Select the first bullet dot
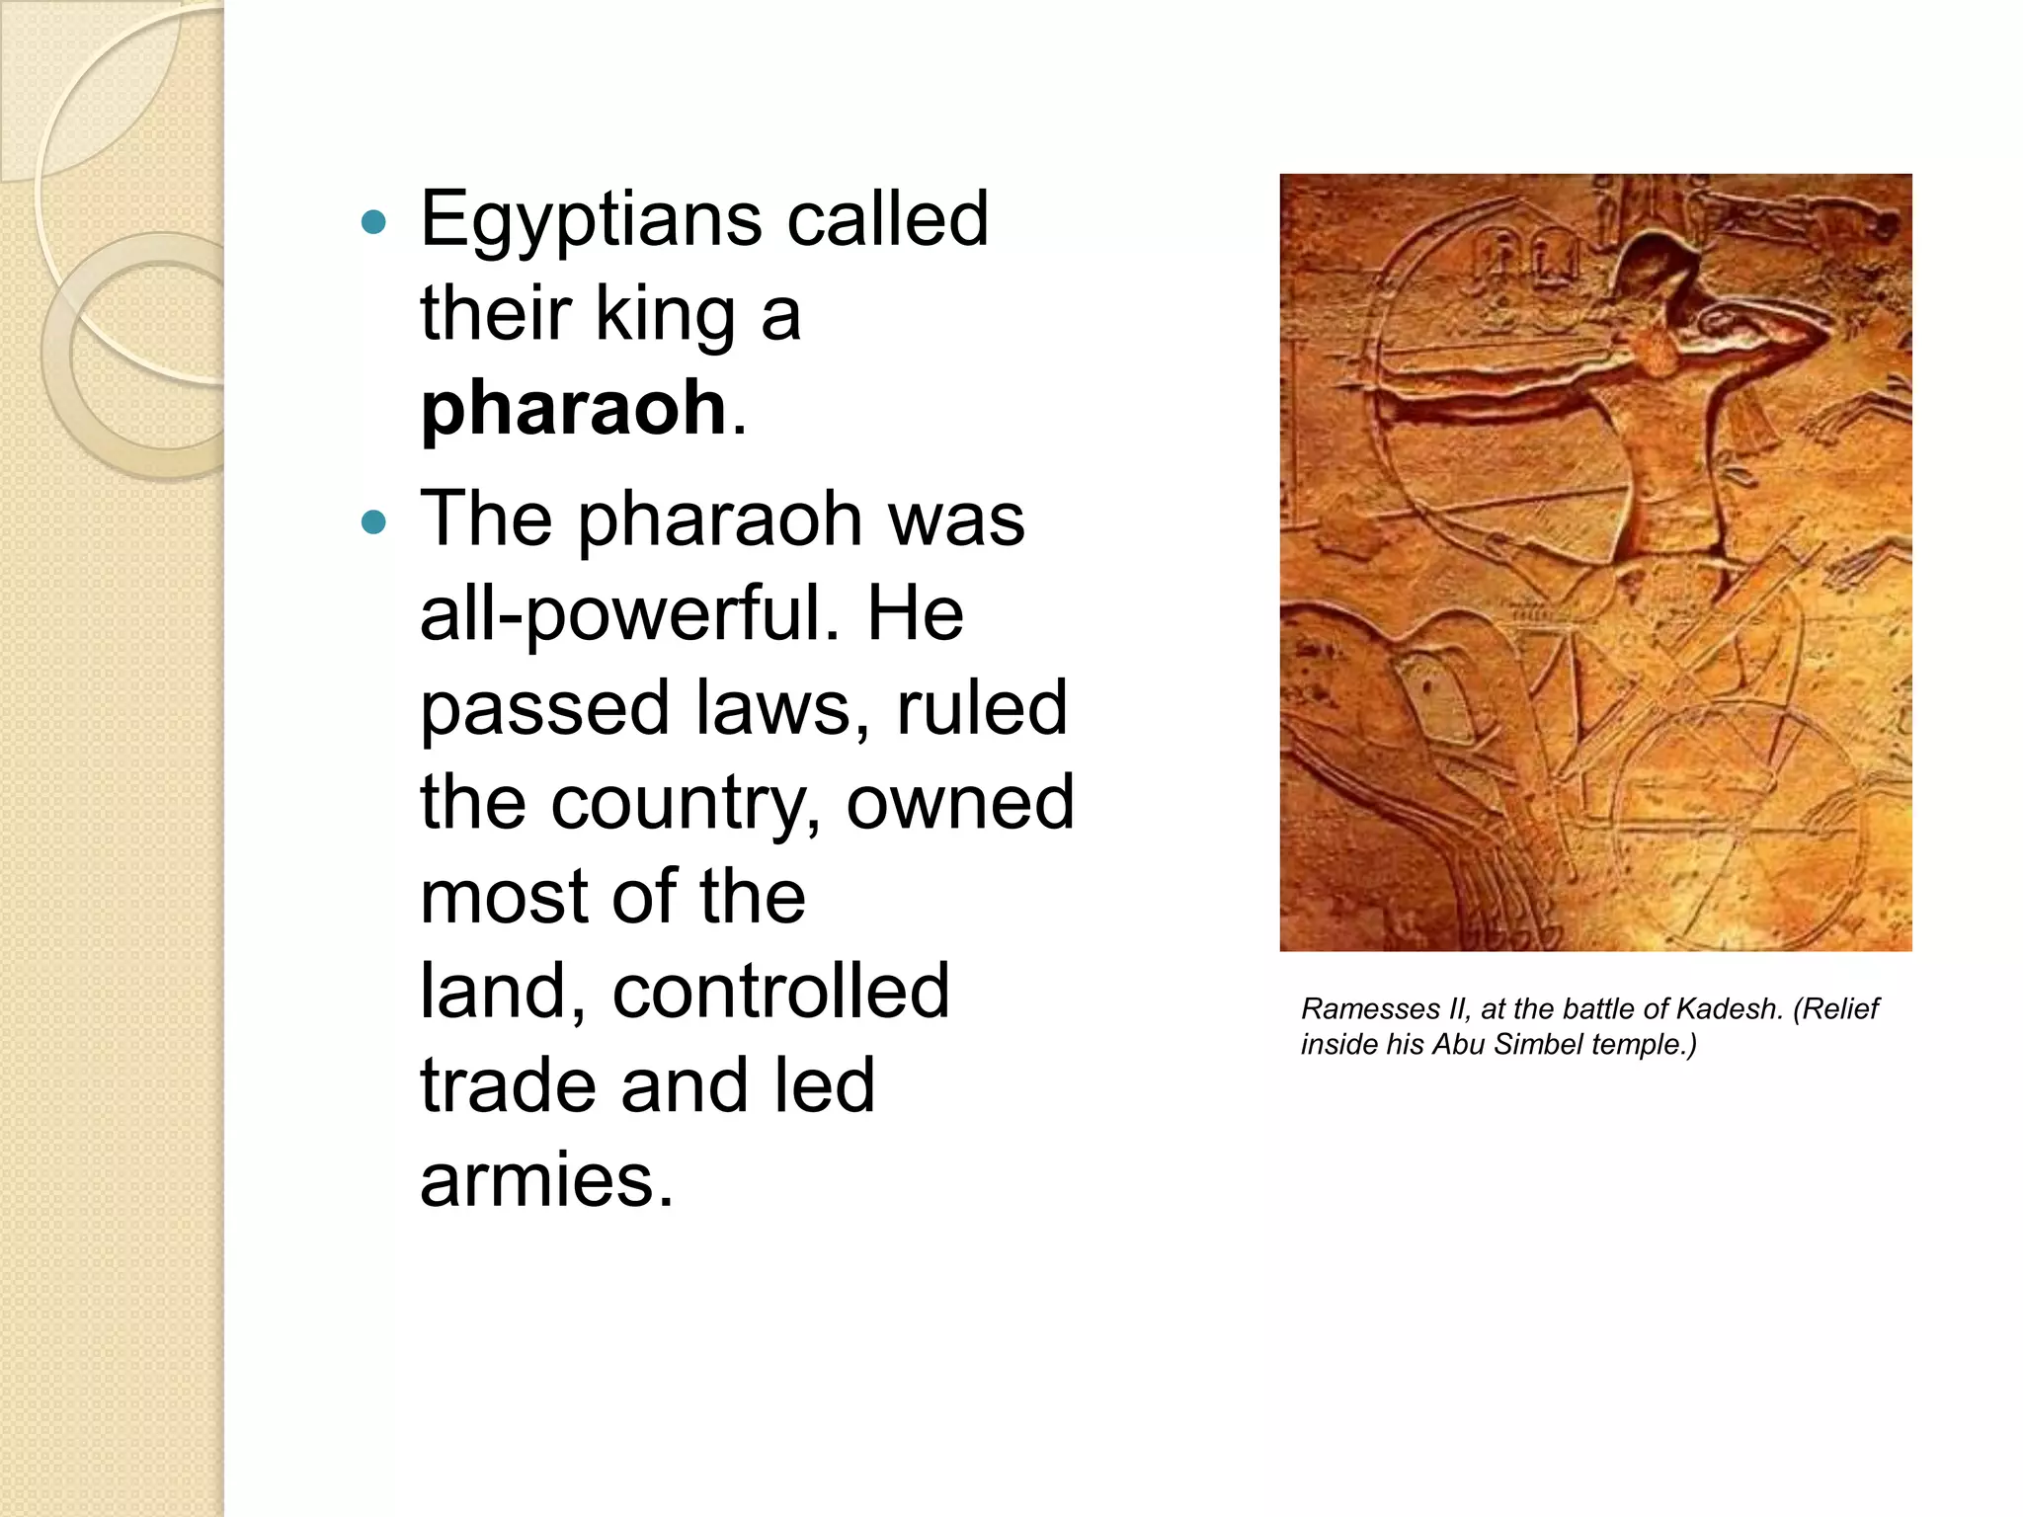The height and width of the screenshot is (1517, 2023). coord(373,221)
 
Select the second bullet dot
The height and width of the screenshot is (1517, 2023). coord(373,521)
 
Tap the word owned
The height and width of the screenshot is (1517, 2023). coord(959,802)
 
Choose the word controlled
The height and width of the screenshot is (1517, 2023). coord(780,991)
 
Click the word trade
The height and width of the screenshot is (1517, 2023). coord(508,1085)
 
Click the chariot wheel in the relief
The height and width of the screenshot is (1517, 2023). coord(1739,830)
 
